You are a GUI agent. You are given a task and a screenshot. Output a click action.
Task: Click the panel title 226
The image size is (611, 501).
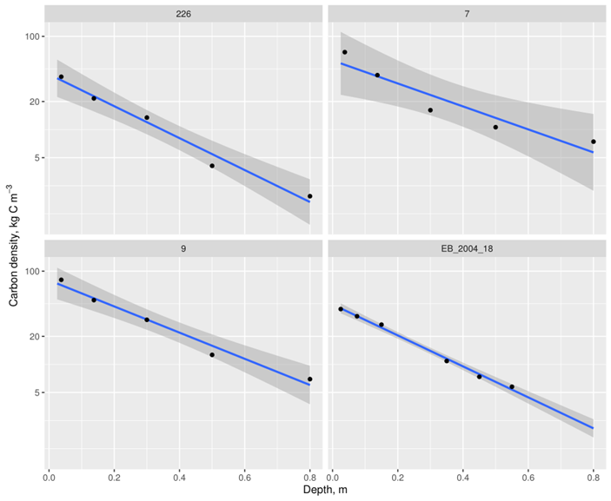pos(183,13)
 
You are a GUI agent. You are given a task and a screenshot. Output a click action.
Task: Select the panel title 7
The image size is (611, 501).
pos(467,13)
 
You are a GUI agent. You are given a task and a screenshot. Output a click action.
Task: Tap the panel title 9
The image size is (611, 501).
pos(183,248)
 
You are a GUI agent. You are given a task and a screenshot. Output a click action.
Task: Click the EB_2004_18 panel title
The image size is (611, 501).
pos(467,248)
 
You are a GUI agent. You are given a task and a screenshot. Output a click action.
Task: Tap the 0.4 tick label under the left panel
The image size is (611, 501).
pos(179,477)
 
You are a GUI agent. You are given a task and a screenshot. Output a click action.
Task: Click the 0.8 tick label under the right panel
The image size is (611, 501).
pos(593,477)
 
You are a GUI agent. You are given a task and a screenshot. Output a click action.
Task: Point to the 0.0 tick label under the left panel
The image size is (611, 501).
pos(49,477)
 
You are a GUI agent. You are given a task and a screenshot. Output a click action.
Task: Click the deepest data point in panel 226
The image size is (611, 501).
pos(309,196)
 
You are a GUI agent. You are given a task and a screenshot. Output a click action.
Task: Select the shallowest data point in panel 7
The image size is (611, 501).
pos(345,52)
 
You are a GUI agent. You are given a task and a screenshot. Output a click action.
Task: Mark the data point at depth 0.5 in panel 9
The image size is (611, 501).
pos(212,354)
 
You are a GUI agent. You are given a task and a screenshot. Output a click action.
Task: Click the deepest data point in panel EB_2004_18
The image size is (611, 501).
pos(512,387)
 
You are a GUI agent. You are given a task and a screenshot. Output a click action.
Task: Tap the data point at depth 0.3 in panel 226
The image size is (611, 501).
pos(147,117)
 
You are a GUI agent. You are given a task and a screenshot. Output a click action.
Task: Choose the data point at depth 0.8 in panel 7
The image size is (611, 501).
pos(593,142)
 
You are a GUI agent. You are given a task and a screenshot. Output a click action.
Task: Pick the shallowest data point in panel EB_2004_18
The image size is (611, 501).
pos(341,309)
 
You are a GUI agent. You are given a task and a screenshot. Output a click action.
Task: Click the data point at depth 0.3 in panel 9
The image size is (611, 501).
pos(147,320)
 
